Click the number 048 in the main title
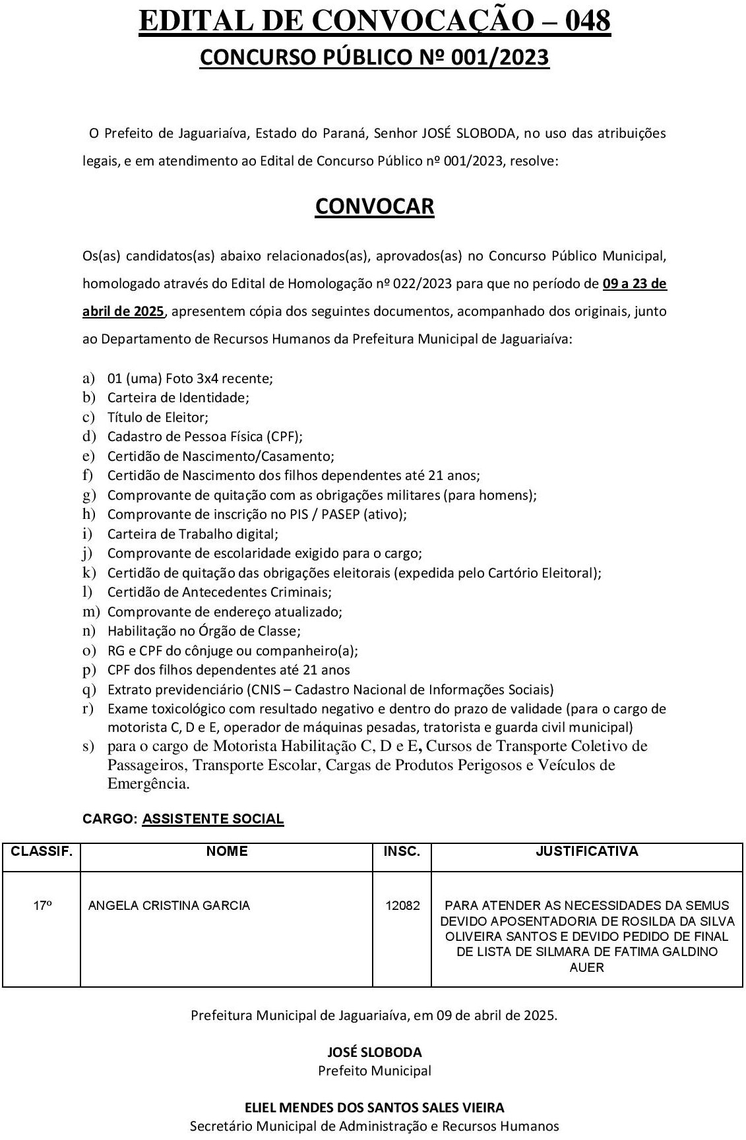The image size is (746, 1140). [582, 22]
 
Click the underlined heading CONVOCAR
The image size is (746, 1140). [374, 206]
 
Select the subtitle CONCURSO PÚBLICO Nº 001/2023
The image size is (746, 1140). [374, 58]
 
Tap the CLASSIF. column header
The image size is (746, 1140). [41, 851]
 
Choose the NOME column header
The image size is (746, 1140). [226, 851]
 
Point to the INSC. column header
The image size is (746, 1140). [402, 851]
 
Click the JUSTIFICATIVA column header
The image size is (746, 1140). [586, 851]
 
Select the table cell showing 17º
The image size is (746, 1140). [42, 905]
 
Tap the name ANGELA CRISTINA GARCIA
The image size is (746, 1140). [169, 905]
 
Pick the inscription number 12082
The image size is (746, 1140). [402, 905]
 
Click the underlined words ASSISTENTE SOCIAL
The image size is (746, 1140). [212, 819]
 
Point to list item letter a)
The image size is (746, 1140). [88, 378]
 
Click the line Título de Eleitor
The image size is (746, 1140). [158, 417]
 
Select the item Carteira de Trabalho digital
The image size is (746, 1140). [193, 534]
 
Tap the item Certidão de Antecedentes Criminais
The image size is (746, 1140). [219, 592]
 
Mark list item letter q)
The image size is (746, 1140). [89, 690]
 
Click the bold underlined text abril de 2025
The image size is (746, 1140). [123, 311]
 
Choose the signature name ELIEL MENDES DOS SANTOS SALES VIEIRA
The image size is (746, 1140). [374, 1108]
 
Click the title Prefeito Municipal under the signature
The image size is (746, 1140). [374, 1070]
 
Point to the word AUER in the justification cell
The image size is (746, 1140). [586, 968]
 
